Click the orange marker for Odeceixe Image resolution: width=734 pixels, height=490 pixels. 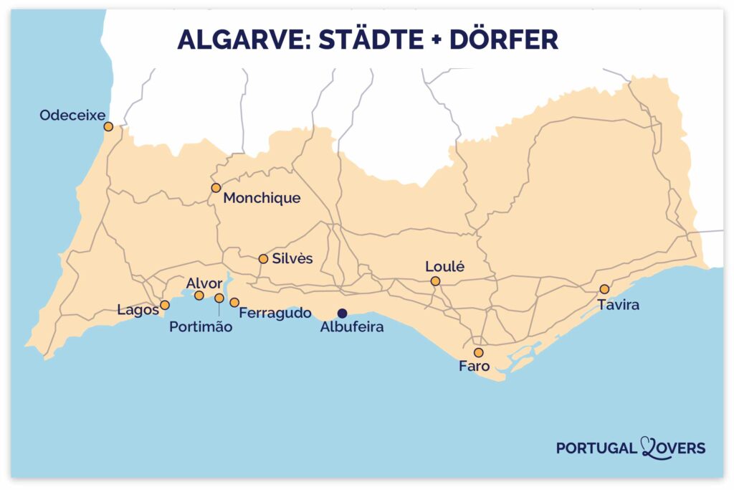point(108,127)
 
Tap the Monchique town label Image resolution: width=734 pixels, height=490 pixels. point(262,198)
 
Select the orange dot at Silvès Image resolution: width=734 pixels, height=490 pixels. point(263,259)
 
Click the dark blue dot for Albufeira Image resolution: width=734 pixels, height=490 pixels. point(343,313)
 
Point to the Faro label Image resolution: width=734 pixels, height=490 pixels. point(474,367)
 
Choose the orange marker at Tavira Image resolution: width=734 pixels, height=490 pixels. point(604,289)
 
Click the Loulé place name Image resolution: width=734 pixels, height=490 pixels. point(445,267)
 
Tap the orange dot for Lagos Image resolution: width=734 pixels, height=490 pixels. point(165,305)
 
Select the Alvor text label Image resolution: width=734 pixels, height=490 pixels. point(204,283)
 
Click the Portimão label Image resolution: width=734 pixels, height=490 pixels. point(201,327)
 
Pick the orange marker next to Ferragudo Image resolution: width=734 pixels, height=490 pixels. point(234,303)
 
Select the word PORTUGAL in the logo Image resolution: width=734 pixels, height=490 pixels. point(596,448)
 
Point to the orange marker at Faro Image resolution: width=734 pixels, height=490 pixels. point(478,353)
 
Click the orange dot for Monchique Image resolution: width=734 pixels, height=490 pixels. point(216,188)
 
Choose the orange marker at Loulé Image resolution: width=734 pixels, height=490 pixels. point(435,281)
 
